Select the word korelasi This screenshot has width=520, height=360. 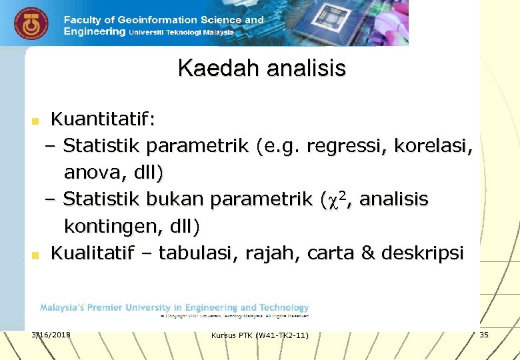[438, 146]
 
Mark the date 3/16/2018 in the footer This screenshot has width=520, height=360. [51, 333]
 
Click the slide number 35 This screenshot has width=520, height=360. [483, 334]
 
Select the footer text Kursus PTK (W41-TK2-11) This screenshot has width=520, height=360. [259, 335]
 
